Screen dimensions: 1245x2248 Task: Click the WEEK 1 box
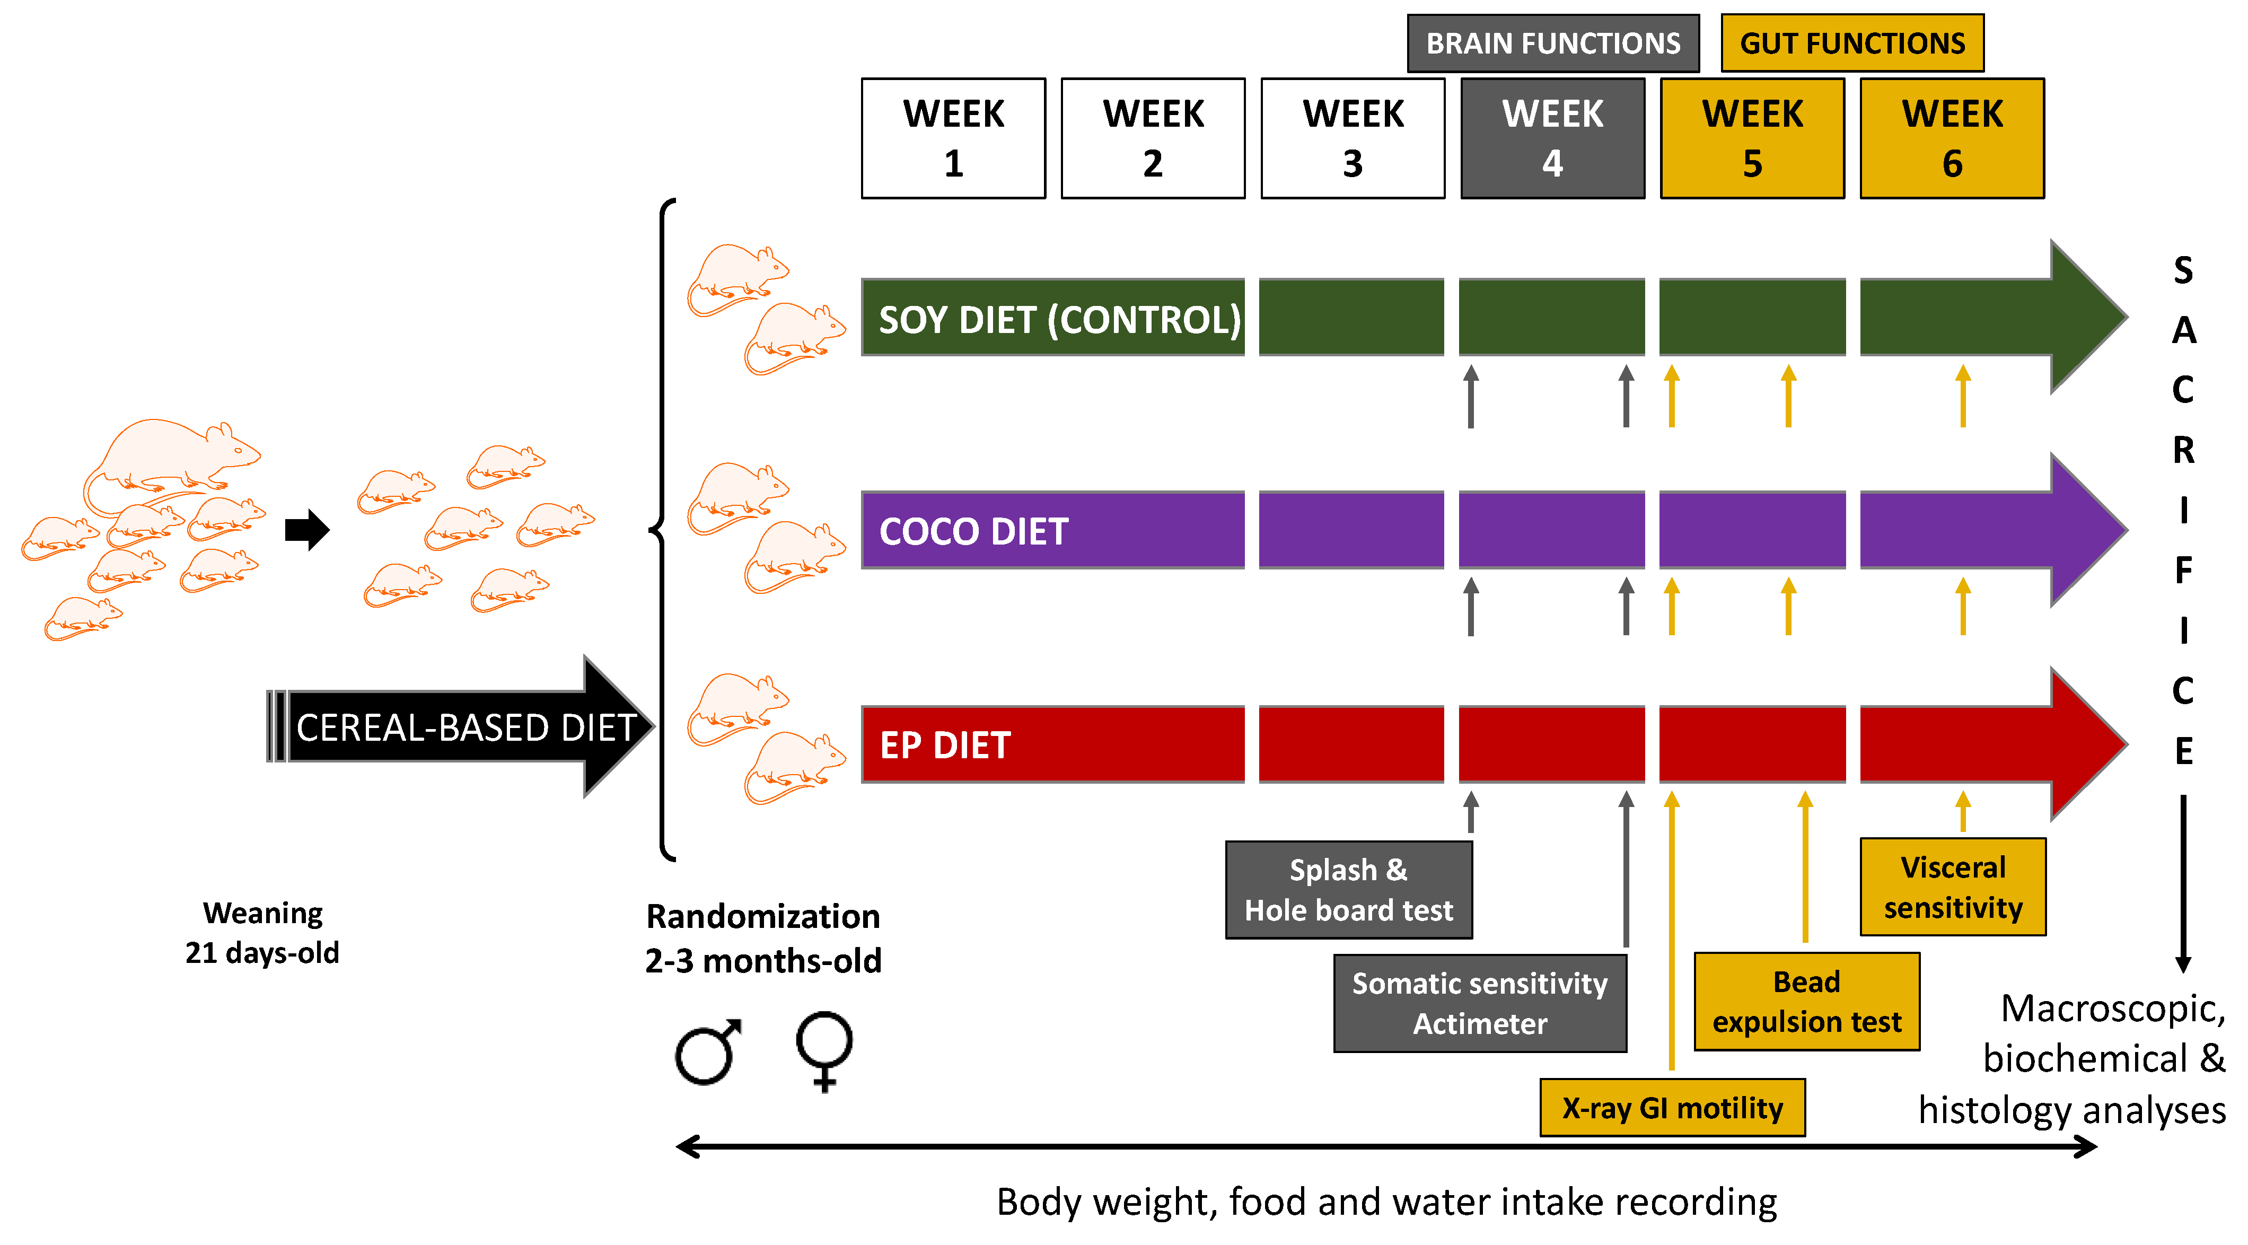(x=953, y=138)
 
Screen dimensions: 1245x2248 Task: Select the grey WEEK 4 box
(x=1552, y=138)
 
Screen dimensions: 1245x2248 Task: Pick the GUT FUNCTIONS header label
(x=1852, y=43)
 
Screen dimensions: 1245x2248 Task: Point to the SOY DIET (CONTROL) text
(x=1059, y=319)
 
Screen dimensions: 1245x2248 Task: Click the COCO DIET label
(x=973, y=531)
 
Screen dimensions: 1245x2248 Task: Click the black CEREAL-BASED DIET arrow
(x=462, y=727)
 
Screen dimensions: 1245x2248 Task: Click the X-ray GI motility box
(x=1672, y=1108)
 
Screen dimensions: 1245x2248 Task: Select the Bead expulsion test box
(x=1806, y=1002)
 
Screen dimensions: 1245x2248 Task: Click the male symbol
(x=707, y=1052)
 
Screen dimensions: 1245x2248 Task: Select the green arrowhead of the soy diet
(x=2086, y=316)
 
